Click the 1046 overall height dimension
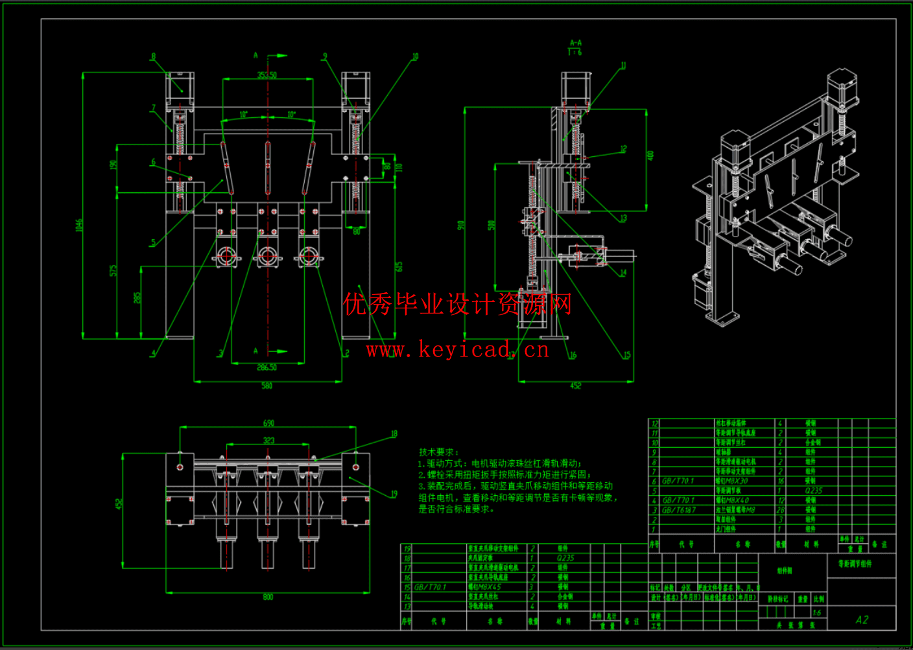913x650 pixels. pyautogui.click(x=79, y=226)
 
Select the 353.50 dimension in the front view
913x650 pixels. pyautogui.click(x=267, y=75)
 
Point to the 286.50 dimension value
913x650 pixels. pyautogui.click(x=267, y=367)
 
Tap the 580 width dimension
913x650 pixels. pyautogui.click(x=267, y=386)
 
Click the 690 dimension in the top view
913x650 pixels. pyautogui.click(x=268, y=423)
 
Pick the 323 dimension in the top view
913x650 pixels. pyautogui.click(x=268, y=441)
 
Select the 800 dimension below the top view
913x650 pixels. pyautogui.click(x=268, y=597)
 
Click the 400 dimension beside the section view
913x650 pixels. pyautogui.click(x=650, y=156)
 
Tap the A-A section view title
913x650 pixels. pyautogui.click(x=575, y=43)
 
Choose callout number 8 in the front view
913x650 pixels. pyautogui.click(x=154, y=56)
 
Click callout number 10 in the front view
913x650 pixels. pyautogui.click(x=415, y=57)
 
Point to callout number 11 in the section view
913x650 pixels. pyautogui.click(x=623, y=65)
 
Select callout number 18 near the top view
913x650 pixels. pyautogui.click(x=394, y=434)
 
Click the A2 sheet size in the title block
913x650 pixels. pyautogui.click(x=862, y=620)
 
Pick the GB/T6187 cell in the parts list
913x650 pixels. pyautogui.click(x=678, y=510)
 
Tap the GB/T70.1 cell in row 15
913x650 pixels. pyautogui.click(x=431, y=587)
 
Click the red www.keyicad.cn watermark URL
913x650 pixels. pyautogui.click(x=457, y=350)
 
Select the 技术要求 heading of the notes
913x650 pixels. pyautogui.click(x=439, y=452)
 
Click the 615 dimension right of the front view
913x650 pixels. pyautogui.click(x=399, y=266)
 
